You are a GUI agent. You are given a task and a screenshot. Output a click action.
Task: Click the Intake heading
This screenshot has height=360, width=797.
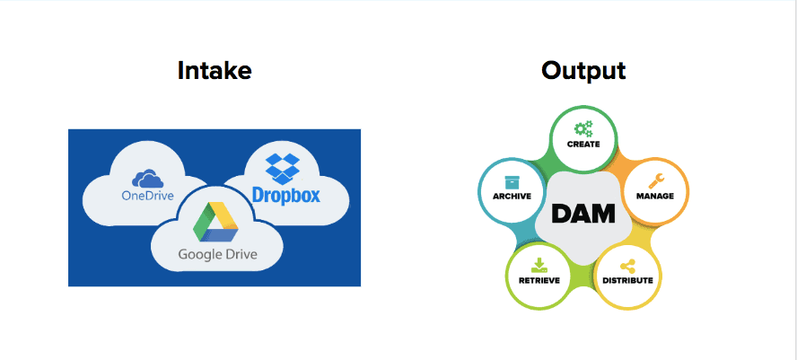(x=215, y=71)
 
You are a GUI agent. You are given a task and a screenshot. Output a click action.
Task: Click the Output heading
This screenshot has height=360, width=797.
(x=583, y=71)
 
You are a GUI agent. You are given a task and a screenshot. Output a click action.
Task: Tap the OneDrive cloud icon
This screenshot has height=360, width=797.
(x=147, y=179)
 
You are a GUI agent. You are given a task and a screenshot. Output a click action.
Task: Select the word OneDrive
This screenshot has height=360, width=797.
(x=147, y=196)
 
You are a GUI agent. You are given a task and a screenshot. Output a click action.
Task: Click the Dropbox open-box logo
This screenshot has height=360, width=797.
(x=283, y=169)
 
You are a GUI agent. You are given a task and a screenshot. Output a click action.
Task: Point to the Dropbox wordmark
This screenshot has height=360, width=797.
(x=286, y=195)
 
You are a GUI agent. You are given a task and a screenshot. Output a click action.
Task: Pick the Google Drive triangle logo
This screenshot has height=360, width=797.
(x=216, y=223)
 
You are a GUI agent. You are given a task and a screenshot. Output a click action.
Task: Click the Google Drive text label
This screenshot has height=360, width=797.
(x=217, y=254)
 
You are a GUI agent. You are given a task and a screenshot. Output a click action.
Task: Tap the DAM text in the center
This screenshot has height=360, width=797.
(x=583, y=214)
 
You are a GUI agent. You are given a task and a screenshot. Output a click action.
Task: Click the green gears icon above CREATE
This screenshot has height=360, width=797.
(x=583, y=129)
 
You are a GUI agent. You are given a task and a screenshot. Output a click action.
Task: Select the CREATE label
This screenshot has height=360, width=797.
(x=583, y=144)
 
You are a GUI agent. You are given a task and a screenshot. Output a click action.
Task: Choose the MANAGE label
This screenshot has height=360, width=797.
(x=655, y=197)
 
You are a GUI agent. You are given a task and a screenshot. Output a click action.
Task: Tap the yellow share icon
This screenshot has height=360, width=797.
(x=627, y=267)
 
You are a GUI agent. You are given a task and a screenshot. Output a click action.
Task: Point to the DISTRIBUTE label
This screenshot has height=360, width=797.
(x=627, y=281)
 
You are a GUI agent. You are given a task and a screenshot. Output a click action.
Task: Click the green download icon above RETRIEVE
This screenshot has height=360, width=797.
(x=539, y=266)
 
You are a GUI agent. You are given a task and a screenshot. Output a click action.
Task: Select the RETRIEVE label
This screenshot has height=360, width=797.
(x=539, y=281)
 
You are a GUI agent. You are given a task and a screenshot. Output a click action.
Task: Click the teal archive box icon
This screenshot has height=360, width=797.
(x=512, y=182)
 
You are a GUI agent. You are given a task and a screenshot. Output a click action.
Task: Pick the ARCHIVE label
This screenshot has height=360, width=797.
(x=512, y=197)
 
